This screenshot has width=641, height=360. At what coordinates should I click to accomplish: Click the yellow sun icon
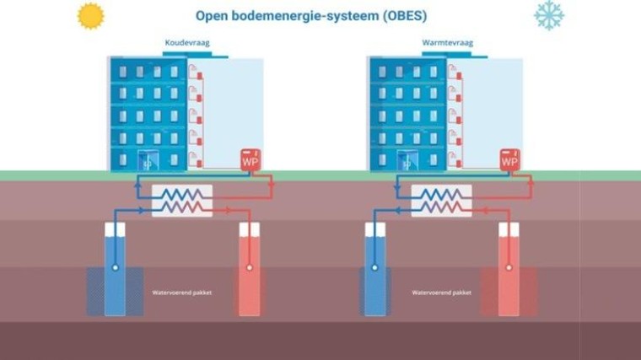[89, 15]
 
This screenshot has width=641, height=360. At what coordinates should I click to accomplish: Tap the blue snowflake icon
[548, 15]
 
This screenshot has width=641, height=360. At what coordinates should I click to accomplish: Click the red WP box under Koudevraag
[250, 160]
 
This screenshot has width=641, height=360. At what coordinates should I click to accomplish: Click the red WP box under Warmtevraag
[509, 160]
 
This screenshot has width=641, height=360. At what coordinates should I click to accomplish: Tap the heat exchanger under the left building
[182, 201]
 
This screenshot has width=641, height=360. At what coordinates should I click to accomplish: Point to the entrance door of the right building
[407, 160]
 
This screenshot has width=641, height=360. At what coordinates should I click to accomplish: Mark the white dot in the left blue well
[115, 269]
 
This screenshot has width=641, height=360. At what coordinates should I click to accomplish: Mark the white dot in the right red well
[509, 269]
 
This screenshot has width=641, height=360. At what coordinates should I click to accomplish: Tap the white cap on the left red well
[249, 228]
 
